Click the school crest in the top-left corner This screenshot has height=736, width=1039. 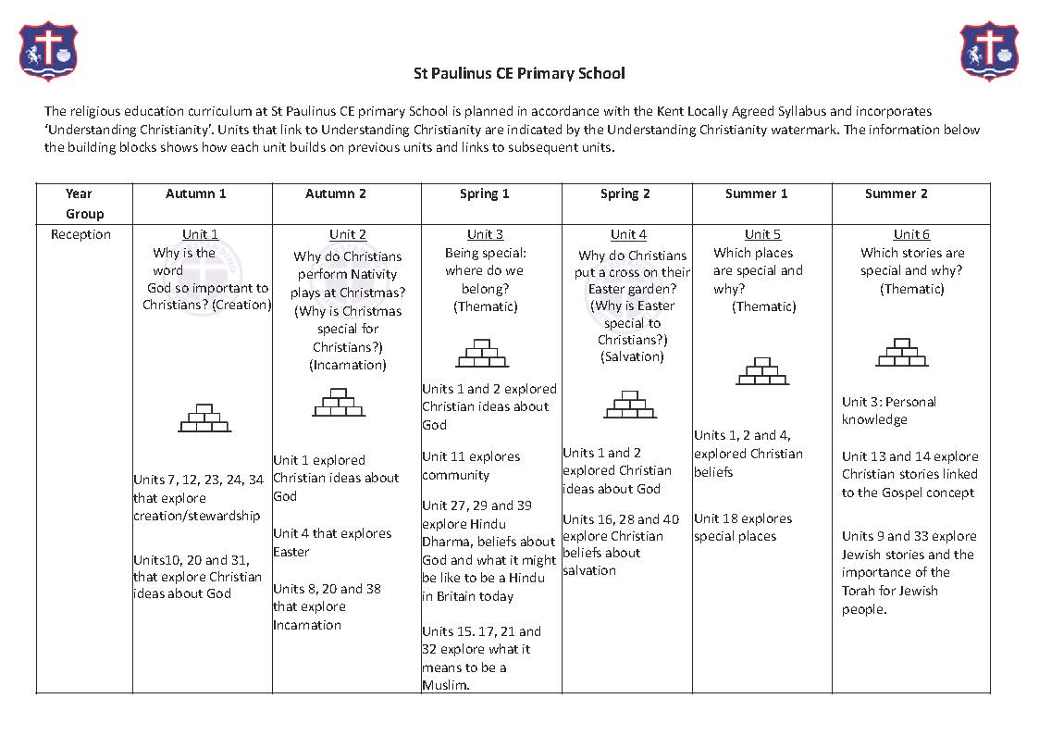48,51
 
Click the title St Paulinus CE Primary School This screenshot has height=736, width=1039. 519,73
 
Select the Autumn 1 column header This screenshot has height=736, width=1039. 196,193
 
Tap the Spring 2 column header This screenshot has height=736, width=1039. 625,193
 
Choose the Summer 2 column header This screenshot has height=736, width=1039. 897,193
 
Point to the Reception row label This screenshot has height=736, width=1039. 80,234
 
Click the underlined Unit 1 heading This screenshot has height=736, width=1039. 201,234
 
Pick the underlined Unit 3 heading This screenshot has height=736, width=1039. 486,234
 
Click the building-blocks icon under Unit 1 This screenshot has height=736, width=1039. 204,418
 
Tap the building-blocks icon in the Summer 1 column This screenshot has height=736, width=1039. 762,371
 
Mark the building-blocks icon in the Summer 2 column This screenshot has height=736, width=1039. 902,354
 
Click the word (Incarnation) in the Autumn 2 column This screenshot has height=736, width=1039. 347,365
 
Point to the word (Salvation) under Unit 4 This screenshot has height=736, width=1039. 632,356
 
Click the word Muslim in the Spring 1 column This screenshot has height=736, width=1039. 446,685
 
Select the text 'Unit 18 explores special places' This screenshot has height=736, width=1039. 743,528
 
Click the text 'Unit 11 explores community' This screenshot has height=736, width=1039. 471,466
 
